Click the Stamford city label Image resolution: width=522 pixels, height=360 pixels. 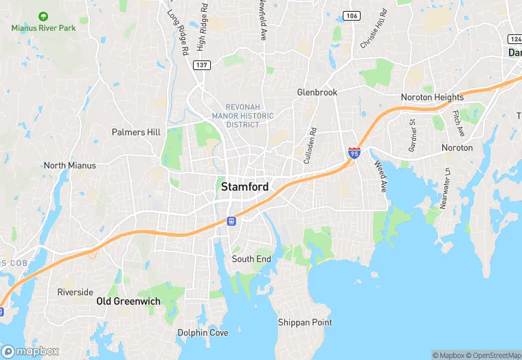(x=244, y=187)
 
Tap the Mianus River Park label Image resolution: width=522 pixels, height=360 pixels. (x=44, y=27)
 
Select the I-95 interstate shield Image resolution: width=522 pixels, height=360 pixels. (x=354, y=153)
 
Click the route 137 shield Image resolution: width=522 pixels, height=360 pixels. (x=202, y=65)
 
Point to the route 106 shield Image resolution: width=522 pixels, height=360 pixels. (x=352, y=16)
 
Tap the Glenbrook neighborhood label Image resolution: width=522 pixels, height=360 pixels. (x=317, y=91)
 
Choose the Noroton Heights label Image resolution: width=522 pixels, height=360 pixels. (x=432, y=98)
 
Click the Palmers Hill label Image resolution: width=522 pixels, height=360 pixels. (x=136, y=132)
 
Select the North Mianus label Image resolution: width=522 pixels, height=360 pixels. (x=69, y=166)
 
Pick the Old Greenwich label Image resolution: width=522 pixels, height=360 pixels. (x=128, y=301)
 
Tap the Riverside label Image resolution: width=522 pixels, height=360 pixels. (x=75, y=292)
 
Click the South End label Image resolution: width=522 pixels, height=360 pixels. (x=251, y=259)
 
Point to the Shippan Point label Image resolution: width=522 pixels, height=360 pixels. (x=305, y=322)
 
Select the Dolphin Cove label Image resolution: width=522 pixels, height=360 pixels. (x=203, y=333)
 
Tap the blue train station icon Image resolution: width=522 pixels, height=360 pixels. (x=232, y=221)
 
